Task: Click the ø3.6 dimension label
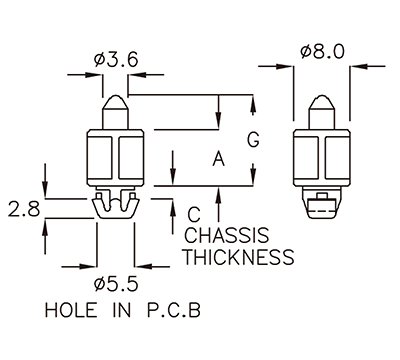pyautogui.click(x=116, y=59)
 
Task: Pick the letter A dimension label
pyautogui.click(x=218, y=157)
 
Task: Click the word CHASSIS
pyautogui.click(x=228, y=236)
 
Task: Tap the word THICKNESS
pyautogui.click(x=239, y=258)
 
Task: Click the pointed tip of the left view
pyautogui.click(x=117, y=98)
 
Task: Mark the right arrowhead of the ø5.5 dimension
pyautogui.click(x=141, y=266)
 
